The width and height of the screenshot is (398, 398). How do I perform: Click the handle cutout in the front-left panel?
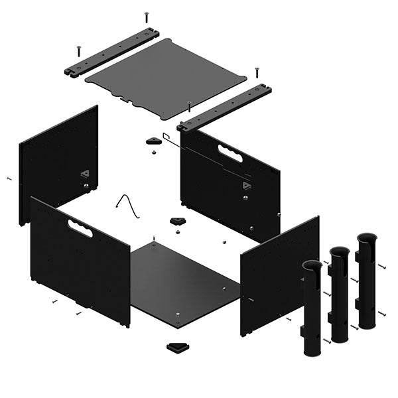80,229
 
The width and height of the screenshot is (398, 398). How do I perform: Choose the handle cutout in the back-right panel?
230,154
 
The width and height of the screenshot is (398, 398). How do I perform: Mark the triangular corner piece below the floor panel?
177,347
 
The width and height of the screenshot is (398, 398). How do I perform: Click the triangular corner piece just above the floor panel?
178,221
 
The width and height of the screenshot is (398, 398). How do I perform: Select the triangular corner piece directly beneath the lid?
154,140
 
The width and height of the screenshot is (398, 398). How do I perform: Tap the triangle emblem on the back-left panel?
85,174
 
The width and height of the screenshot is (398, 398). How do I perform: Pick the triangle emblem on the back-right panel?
247,186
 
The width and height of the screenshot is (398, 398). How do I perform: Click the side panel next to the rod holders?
279,275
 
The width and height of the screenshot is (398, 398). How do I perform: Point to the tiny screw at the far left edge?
9,178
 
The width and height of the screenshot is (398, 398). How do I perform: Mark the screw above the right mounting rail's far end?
257,70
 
